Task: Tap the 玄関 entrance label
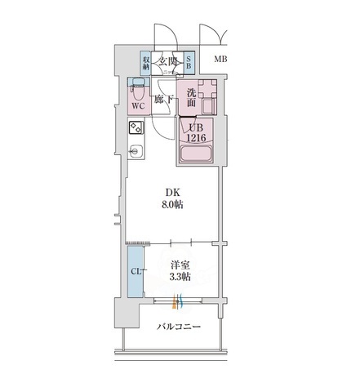pos(168,60)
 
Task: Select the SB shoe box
pos(189,63)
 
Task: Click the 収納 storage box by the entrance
pos(147,63)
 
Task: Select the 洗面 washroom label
pos(191,96)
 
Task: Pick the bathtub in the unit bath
pos(198,151)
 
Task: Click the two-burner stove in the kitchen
pos(136,128)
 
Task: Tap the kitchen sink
pos(136,152)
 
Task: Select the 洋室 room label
pos(180,265)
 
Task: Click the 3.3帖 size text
pos(180,278)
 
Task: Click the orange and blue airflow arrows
pos(177,303)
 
